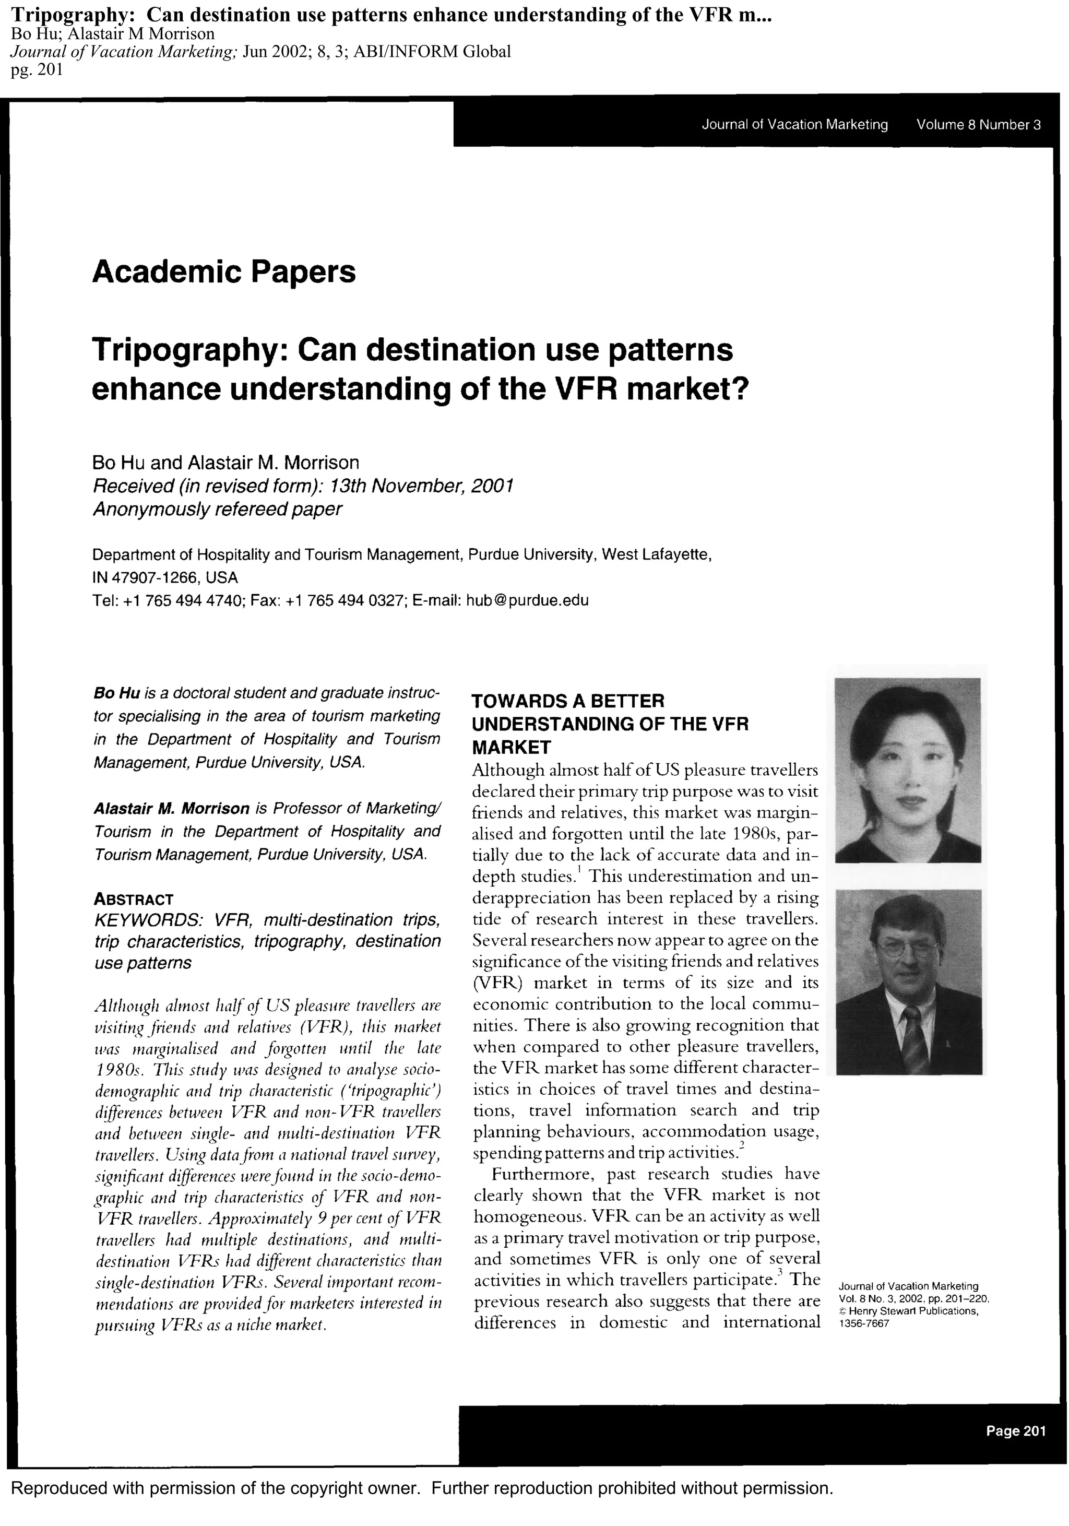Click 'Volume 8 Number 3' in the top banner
point(978,124)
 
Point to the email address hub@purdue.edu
point(527,601)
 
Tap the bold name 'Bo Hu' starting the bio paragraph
point(116,693)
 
